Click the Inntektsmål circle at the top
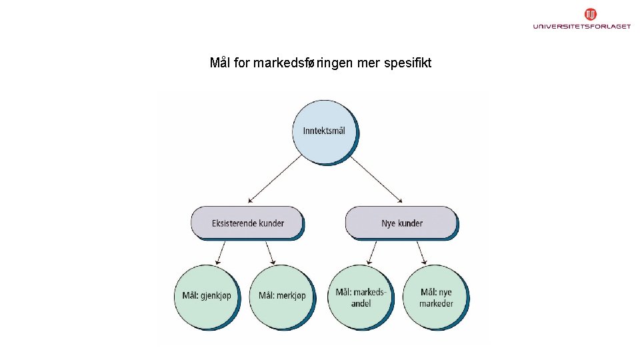[323, 131]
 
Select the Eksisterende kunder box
[247, 223]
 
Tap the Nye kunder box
[401, 223]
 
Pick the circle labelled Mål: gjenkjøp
[206, 296]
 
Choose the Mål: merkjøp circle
[282, 296]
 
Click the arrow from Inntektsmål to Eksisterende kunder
[274, 179]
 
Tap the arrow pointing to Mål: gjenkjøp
[221, 252]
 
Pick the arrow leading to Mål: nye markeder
[422, 252]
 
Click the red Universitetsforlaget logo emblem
[590, 14]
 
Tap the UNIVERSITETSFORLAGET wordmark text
[581, 27]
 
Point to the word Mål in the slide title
[220, 63]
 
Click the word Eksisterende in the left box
[235, 223]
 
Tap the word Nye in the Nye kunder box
[388, 223]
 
